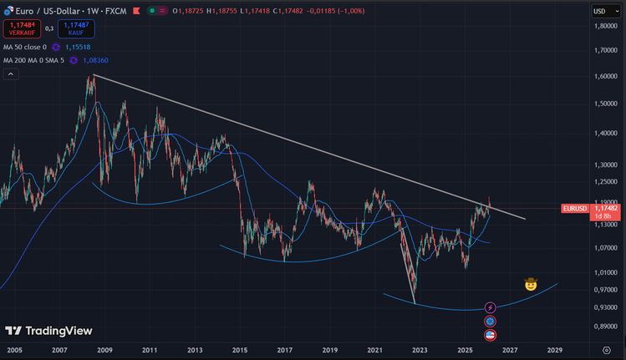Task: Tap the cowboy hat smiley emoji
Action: (x=530, y=284)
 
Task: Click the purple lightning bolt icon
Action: (x=491, y=308)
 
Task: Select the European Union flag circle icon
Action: (x=491, y=321)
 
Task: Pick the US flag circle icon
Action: (x=491, y=334)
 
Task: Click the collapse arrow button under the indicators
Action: (x=12, y=74)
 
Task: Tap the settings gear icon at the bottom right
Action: (x=606, y=351)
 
